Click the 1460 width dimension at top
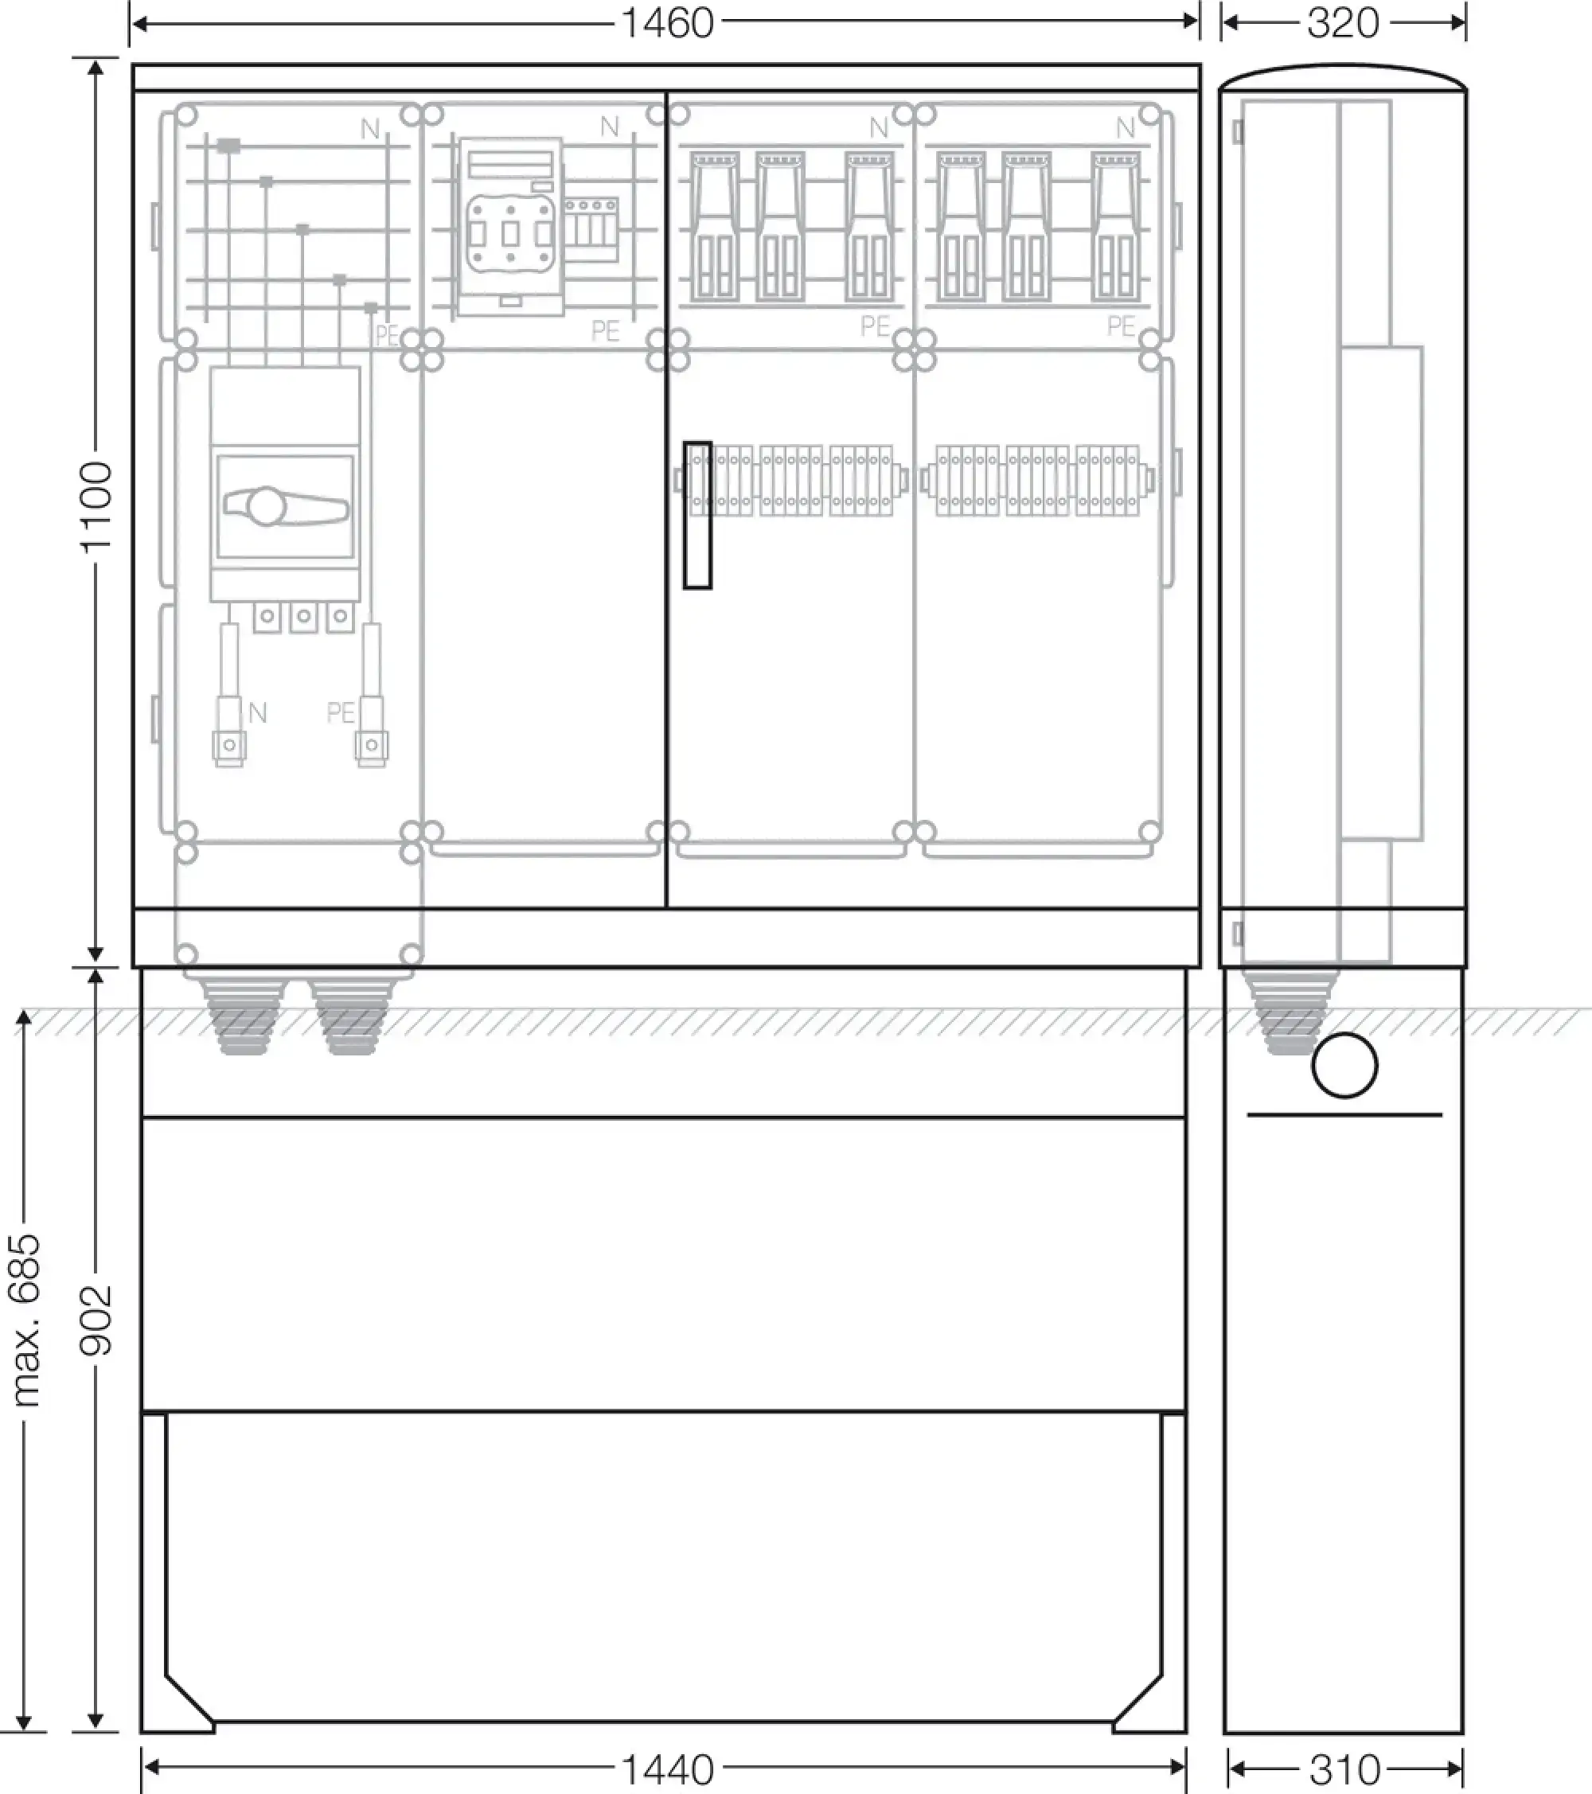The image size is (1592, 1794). pyautogui.click(x=667, y=23)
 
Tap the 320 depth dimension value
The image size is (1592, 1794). pyautogui.click(x=1343, y=23)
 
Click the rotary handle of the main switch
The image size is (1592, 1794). pyautogui.click(x=284, y=505)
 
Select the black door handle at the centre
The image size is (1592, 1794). pyautogui.click(x=698, y=514)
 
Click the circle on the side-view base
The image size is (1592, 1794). pyautogui.click(x=1344, y=1066)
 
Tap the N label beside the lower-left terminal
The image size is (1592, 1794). pyautogui.click(x=257, y=712)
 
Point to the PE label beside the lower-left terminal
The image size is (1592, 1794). pyautogui.click(x=341, y=712)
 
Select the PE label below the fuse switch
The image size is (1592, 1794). pyautogui.click(x=606, y=331)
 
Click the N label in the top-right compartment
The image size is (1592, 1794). pyautogui.click(x=1125, y=128)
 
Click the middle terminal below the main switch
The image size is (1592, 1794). pyautogui.click(x=303, y=617)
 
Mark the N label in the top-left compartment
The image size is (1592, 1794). pyautogui.click(x=370, y=130)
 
